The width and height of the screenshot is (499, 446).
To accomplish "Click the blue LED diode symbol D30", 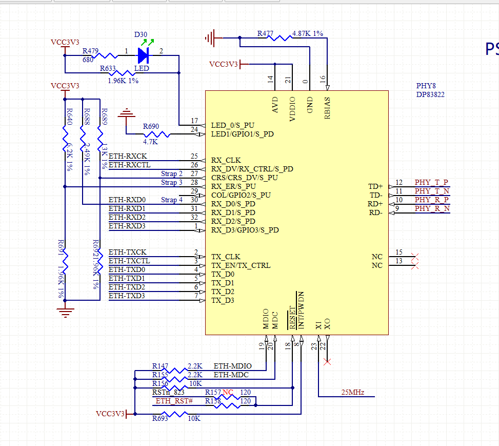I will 143,54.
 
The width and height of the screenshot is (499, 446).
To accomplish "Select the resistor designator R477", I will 265,33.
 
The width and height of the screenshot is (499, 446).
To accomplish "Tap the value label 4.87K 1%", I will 307,33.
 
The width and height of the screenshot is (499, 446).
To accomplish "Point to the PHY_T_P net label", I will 431,182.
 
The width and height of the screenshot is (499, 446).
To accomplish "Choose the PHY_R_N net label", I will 432,208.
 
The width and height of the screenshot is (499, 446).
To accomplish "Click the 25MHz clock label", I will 352,392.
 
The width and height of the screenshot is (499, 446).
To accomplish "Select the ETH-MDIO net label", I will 232,366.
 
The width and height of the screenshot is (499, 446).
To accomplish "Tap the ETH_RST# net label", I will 174,401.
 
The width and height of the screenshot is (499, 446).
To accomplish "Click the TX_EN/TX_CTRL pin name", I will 241,265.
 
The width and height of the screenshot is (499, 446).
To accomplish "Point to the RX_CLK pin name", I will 226,160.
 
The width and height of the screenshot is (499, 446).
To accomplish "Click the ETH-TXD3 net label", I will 127,296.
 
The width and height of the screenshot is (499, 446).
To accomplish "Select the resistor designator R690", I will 151,126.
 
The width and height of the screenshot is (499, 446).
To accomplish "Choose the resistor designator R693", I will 160,419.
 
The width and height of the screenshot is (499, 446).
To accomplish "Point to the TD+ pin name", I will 375,186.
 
